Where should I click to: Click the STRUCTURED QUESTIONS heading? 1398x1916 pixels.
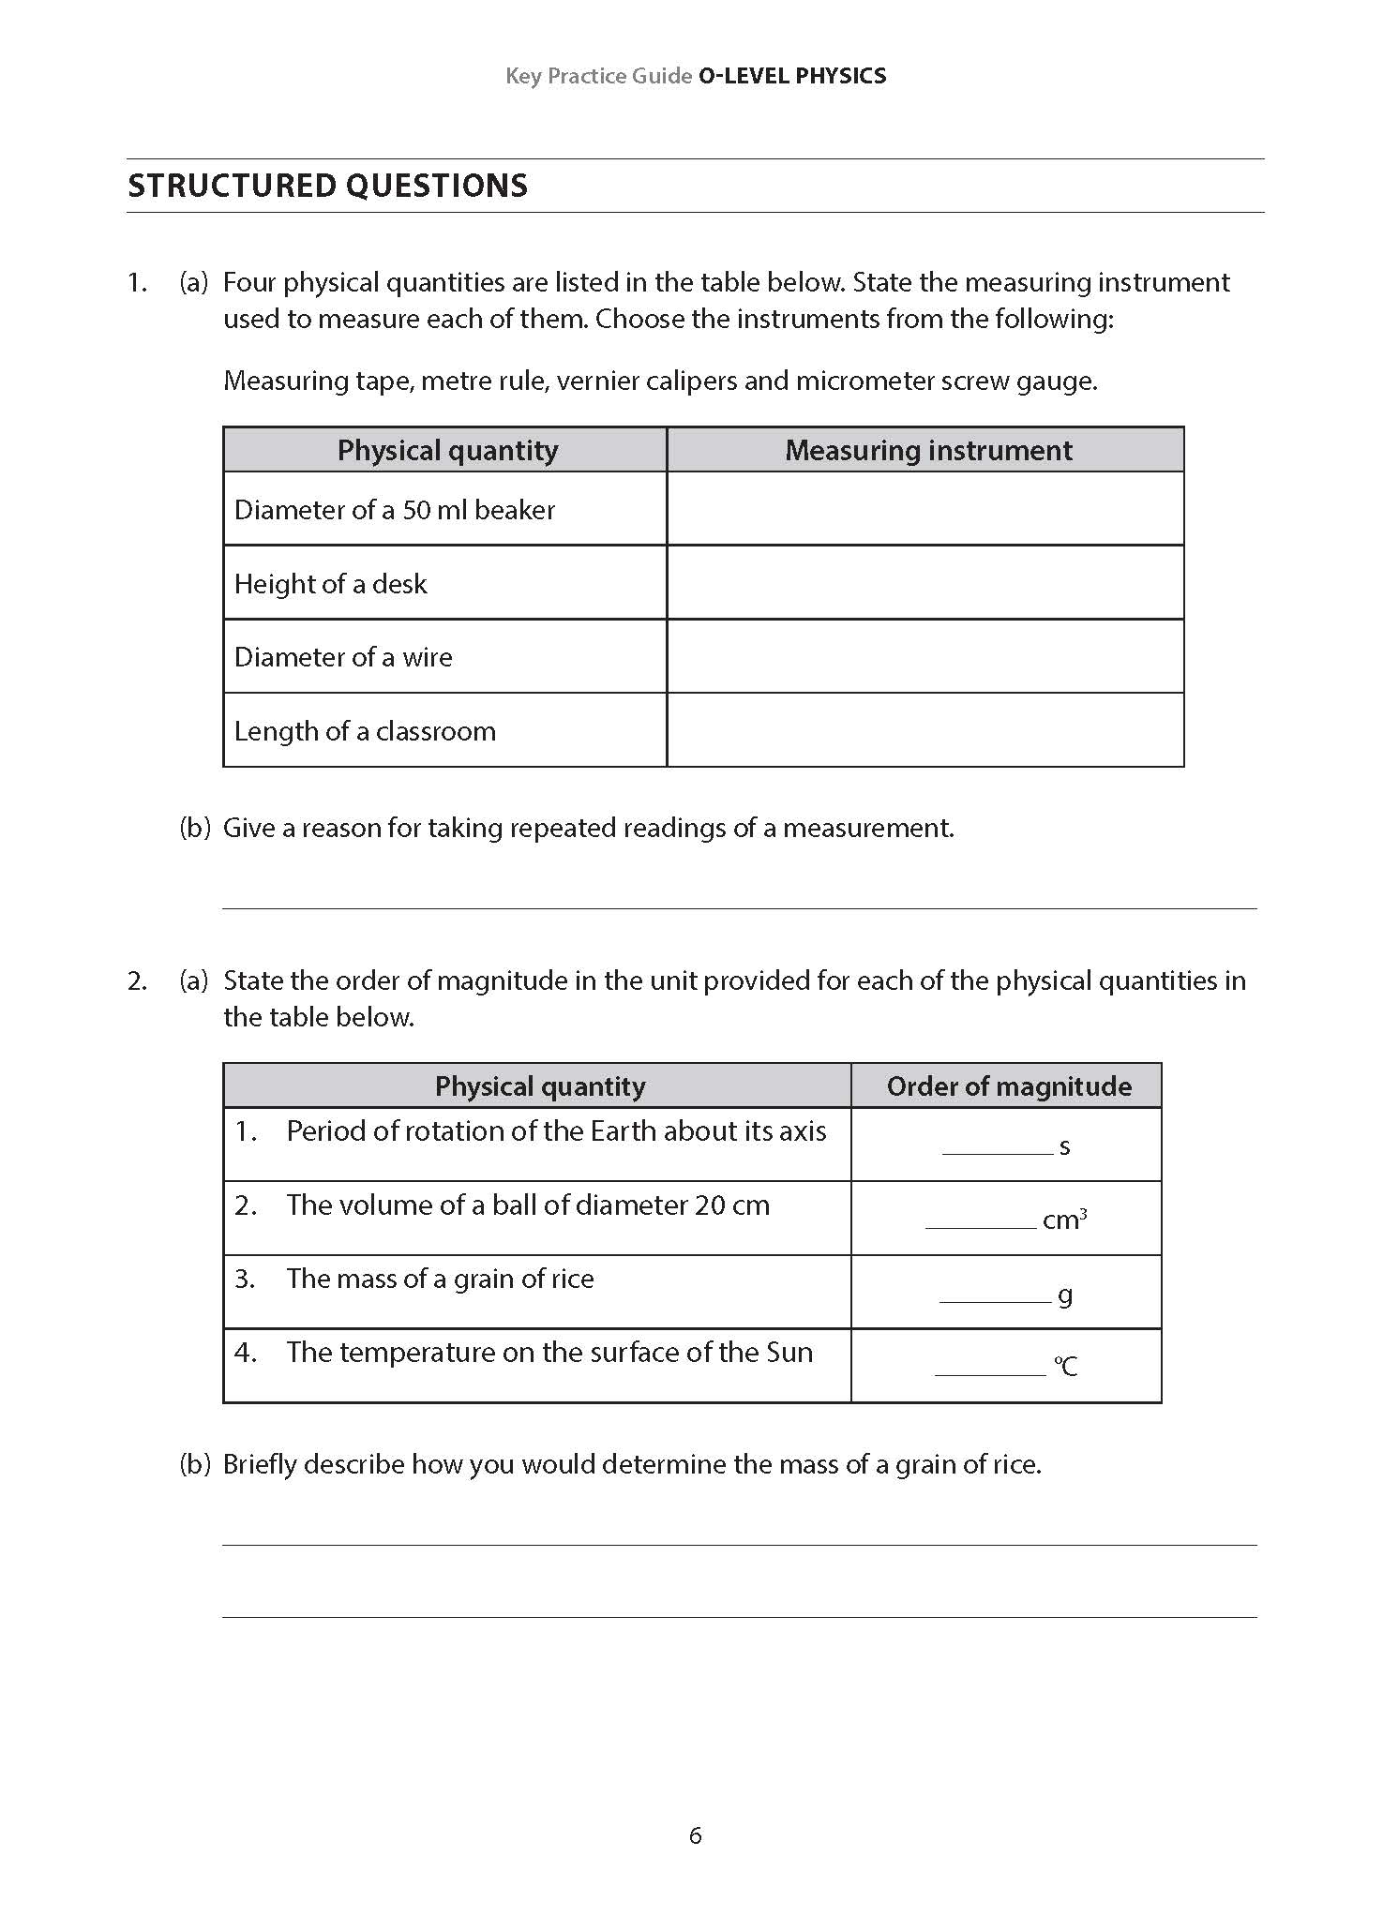click(327, 186)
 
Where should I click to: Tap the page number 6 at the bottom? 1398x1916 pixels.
click(696, 1835)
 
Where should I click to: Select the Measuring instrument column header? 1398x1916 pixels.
click(927, 451)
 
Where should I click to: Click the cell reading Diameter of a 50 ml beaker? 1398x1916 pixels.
click(395, 510)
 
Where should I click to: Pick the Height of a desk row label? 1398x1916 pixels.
click(330, 584)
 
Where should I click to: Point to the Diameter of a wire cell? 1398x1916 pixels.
click(343, 657)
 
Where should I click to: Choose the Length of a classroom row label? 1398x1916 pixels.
click(365, 731)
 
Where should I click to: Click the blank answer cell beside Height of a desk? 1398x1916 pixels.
click(925, 583)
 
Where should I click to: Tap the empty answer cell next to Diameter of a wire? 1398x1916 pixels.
click(925, 656)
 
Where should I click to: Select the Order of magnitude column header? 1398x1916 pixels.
click(1008, 1086)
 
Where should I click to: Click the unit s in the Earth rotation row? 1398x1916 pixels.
click(1064, 1146)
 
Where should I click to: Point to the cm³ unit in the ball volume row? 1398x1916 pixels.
click(1064, 1220)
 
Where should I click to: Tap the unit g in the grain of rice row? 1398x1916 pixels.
click(1065, 1295)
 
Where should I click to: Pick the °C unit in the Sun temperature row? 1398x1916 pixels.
click(1066, 1366)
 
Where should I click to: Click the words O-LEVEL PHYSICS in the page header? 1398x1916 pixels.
click(792, 76)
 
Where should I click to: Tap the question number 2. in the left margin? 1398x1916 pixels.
click(138, 981)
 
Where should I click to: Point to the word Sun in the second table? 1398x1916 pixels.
click(789, 1353)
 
